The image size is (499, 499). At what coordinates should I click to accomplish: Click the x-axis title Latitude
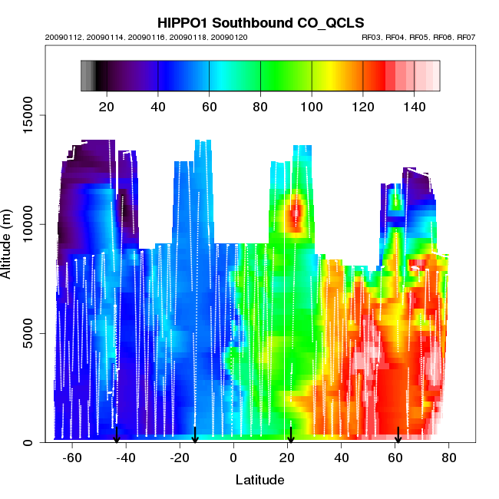[259, 480]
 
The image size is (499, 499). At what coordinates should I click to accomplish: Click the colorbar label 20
[107, 106]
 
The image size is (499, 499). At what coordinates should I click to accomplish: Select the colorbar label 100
[312, 106]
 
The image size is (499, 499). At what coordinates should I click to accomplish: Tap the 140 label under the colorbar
[415, 106]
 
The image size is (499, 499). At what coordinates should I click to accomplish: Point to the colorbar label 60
[209, 106]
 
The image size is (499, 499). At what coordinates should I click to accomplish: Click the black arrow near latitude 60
[398, 435]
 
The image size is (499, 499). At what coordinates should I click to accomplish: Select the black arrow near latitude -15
[195, 435]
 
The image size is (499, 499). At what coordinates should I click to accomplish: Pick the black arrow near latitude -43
[117, 435]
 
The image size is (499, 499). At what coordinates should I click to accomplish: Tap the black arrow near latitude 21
[290, 435]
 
